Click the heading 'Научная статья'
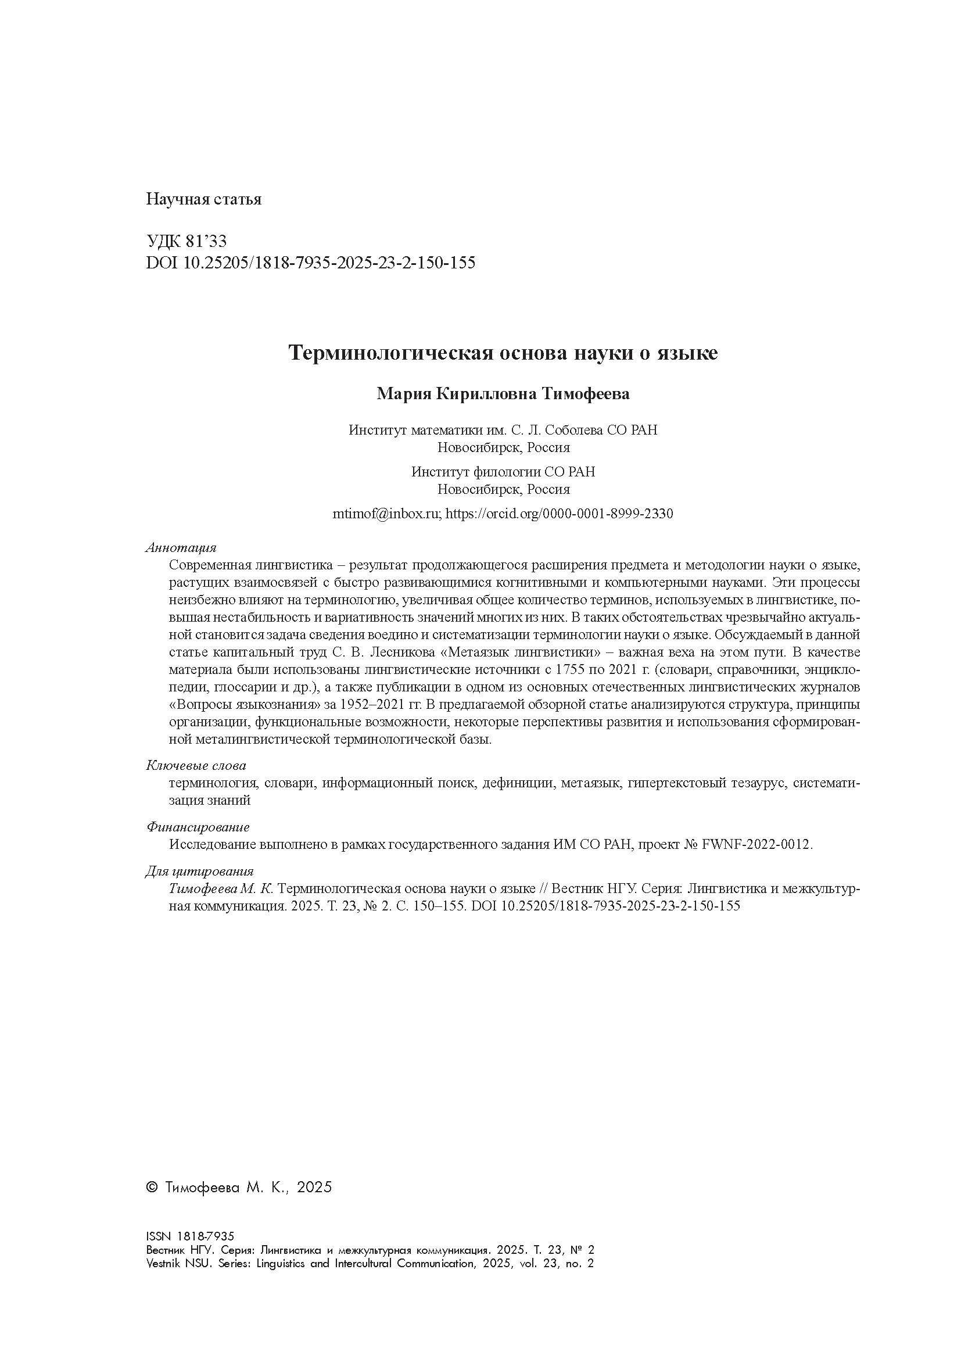coord(203,199)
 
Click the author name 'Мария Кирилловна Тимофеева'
coord(503,394)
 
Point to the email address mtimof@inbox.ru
coord(387,514)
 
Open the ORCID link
coord(558,514)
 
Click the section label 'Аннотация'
coord(181,547)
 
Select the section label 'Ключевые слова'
coord(196,766)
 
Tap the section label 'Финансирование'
coord(198,827)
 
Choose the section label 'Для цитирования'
coord(199,872)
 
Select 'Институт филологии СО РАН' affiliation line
coord(503,472)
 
